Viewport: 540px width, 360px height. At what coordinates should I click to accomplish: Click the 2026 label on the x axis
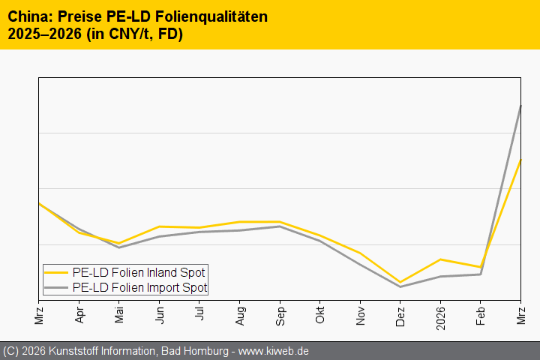441,313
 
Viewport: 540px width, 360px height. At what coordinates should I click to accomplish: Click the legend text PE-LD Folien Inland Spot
139,272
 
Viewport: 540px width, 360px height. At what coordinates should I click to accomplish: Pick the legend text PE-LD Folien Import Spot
139,287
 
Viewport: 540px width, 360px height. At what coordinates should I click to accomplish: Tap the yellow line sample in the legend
56,272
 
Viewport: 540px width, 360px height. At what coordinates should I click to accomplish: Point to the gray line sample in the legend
56,287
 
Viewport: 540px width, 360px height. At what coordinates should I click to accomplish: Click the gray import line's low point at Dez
400,286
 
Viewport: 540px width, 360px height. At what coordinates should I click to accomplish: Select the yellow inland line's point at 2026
441,259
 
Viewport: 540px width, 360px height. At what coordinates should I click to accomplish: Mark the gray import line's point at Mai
119,247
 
